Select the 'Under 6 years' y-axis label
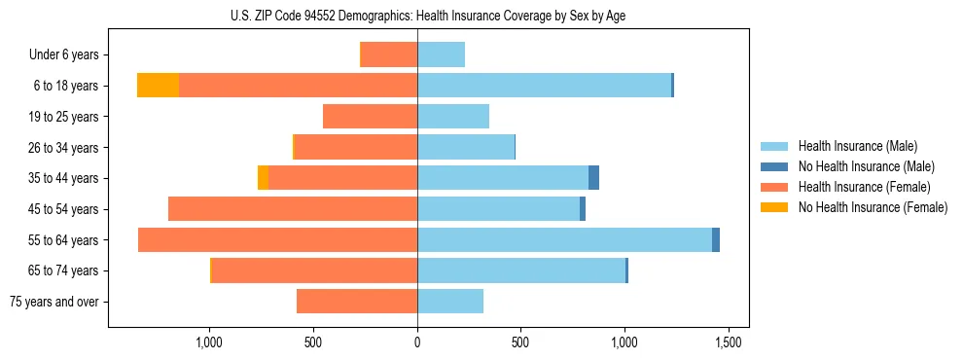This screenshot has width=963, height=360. pyautogui.click(x=64, y=55)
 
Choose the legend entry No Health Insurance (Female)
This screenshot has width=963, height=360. pyautogui.click(x=873, y=207)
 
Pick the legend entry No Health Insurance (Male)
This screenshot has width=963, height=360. pyautogui.click(x=866, y=166)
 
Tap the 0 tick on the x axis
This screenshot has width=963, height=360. pyautogui.click(x=417, y=342)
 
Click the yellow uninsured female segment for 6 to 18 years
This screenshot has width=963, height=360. pyautogui.click(x=158, y=86)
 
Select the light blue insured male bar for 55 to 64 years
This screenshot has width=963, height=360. pyautogui.click(x=564, y=240)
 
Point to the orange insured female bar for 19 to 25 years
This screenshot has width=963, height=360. pyautogui.click(x=370, y=117)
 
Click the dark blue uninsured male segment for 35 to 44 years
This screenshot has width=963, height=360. pyautogui.click(x=593, y=178)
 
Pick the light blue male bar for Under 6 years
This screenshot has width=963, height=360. pyautogui.click(x=441, y=55)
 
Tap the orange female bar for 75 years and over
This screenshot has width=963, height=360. pyautogui.click(x=357, y=302)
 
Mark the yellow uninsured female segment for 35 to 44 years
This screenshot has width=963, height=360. pyautogui.click(x=263, y=178)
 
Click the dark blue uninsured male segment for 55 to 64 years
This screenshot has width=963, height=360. pyautogui.click(x=716, y=240)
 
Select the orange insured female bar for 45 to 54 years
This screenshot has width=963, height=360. pyautogui.click(x=292, y=209)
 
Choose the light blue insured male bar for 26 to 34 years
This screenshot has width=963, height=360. pyautogui.click(x=465, y=148)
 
